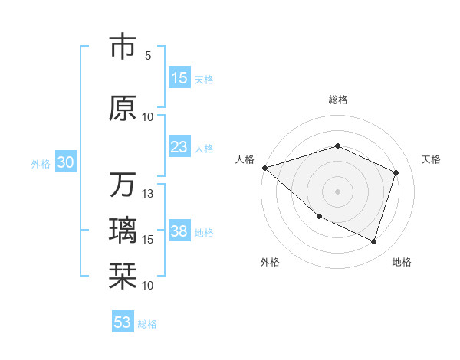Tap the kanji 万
point(123,185)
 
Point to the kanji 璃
point(123,230)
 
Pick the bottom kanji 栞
point(123,275)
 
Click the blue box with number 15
point(179,78)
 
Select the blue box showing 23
point(179,147)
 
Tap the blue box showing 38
point(179,232)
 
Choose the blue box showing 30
point(65,162)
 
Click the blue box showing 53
point(122,322)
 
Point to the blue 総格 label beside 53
point(147,324)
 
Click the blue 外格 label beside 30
point(41,164)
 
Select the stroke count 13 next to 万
point(149,194)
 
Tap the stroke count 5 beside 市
point(148,55)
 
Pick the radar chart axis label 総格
point(337,100)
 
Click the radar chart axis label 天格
point(431,159)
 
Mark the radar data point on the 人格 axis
point(264,168)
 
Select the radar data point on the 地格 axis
point(373,242)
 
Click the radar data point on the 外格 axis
point(319,216)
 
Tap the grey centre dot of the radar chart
point(337,191)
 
